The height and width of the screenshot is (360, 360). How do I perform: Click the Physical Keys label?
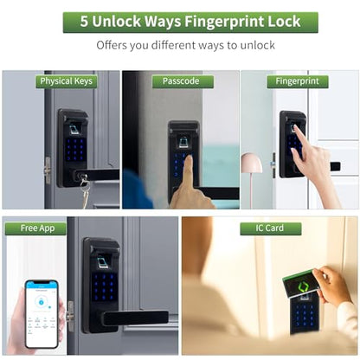[x=66, y=81]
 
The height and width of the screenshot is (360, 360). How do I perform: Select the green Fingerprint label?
[x=298, y=81]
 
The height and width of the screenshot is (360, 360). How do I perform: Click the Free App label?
[x=37, y=228]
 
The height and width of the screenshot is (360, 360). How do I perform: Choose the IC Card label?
[x=270, y=228]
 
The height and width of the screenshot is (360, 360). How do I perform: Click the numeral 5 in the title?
[x=84, y=22]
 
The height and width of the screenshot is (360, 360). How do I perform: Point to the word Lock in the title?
[x=285, y=22]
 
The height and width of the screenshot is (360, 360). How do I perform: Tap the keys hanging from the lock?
[x=84, y=190]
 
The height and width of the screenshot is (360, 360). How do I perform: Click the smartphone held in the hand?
[x=42, y=314]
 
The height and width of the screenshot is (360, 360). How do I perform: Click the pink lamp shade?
[x=252, y=164]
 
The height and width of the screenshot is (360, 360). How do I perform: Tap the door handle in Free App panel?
[x=136, y=318]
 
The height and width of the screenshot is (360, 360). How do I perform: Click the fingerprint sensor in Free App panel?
[x=102, y=262]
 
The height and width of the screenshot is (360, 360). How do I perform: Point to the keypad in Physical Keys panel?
[x=75, y=149]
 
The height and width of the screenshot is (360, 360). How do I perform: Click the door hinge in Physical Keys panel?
[x=48, y=170]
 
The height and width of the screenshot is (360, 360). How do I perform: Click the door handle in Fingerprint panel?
[x=335, y=166]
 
